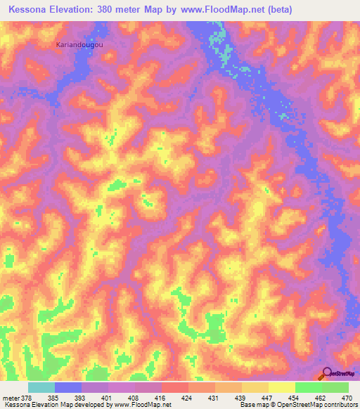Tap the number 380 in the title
tap(108, 10)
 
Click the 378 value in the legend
tap(25, 397)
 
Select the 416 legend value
tap(160, 397)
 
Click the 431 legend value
tap(214, 397)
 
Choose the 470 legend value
tap(347, 397)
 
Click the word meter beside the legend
tap(9, 397)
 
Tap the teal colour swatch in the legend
tap(41, 387)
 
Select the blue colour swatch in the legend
tap(68, 387)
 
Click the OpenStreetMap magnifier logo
tap(328, 373)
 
